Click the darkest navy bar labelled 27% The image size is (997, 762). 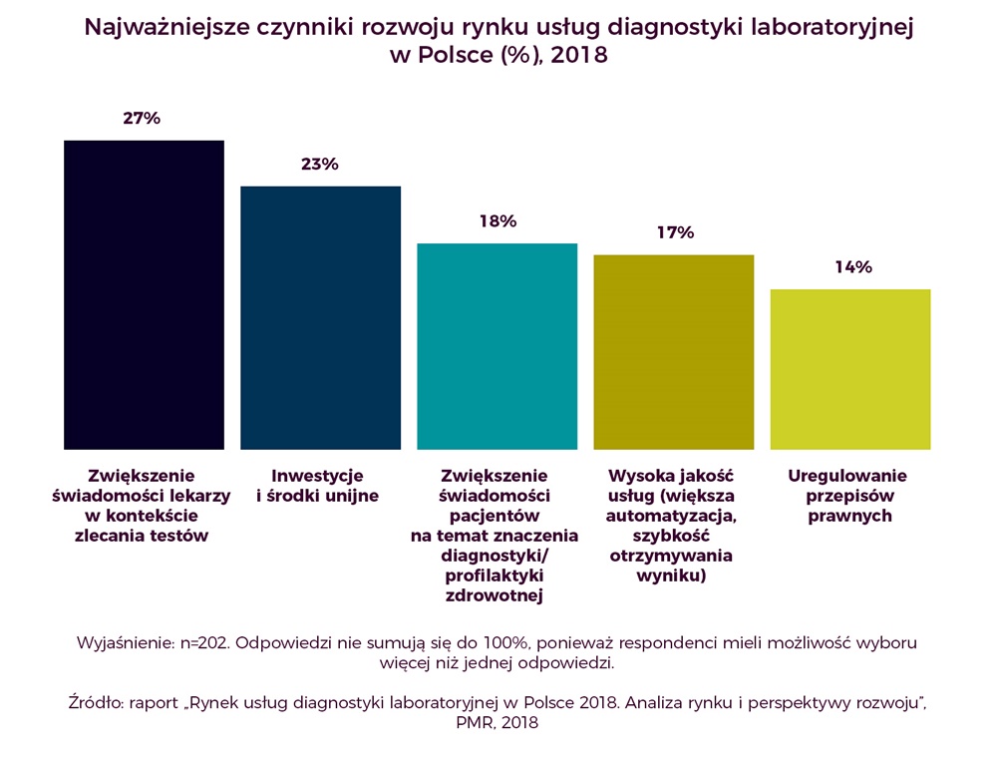144,294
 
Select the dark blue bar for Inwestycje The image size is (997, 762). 320,317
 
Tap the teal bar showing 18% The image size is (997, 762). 497,346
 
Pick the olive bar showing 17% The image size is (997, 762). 673,352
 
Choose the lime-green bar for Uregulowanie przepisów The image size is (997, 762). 850,369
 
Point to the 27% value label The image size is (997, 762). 142,119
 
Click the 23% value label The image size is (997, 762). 320,165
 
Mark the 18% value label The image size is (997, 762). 497,221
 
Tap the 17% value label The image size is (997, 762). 674,232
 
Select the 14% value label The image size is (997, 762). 852,267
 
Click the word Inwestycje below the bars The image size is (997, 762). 318,476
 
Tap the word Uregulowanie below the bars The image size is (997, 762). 850,476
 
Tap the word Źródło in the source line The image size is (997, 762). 94,704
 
